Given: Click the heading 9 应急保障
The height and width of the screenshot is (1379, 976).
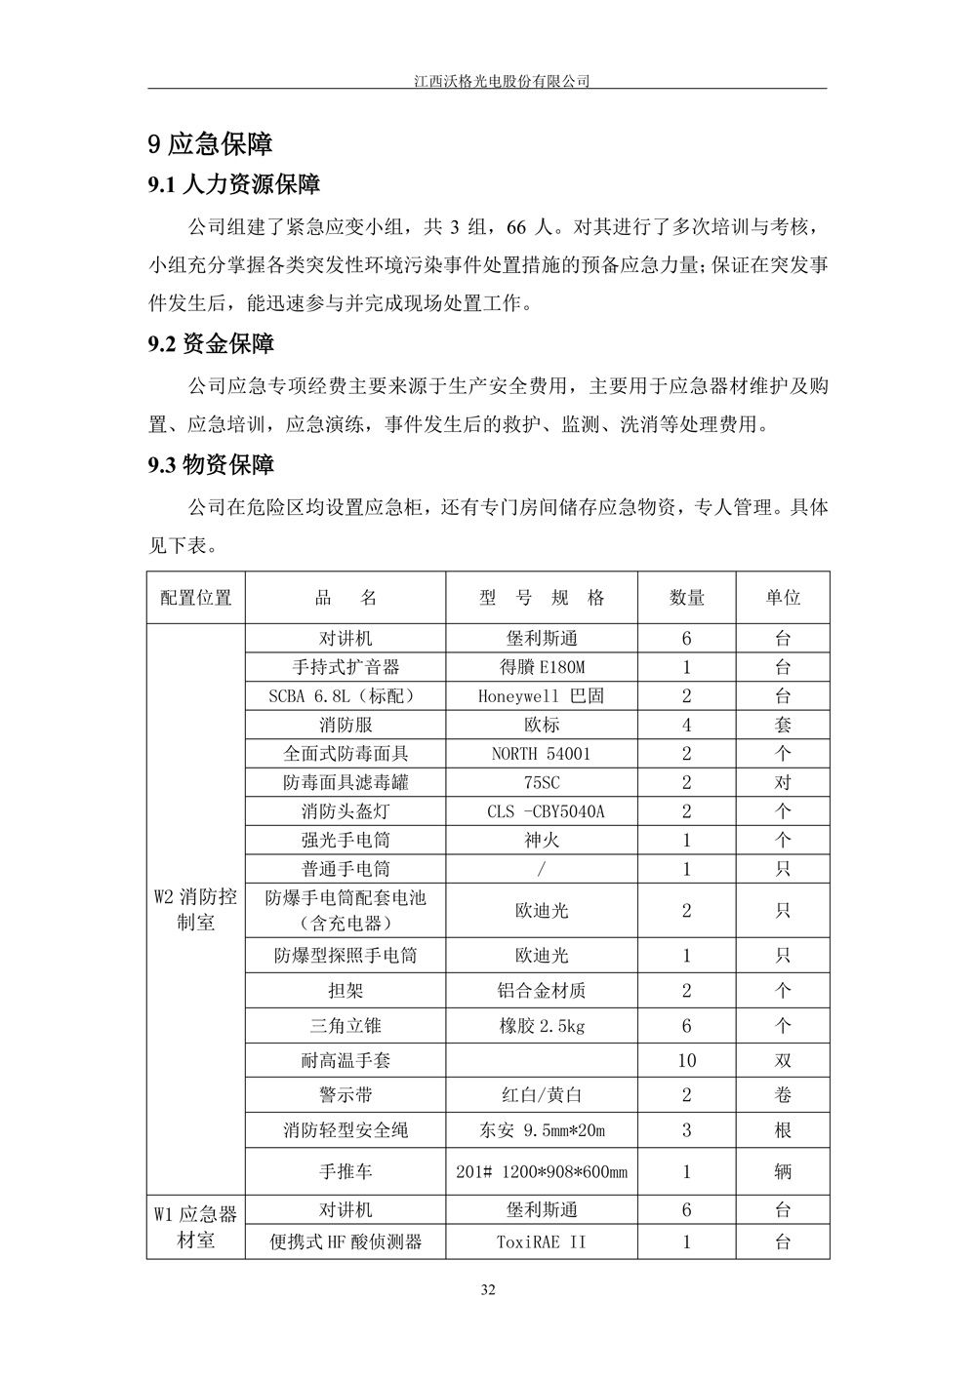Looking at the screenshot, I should click(x=210, y=144).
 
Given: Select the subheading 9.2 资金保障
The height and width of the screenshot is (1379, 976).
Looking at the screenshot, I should click(x=211, y=343).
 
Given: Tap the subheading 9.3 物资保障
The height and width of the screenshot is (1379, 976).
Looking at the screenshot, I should click(x=211, y=465).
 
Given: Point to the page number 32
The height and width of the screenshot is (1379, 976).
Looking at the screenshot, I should click(x=489, y=1290).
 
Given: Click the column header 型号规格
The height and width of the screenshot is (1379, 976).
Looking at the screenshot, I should click(x=542, y=598).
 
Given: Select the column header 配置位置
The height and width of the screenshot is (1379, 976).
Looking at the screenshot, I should click(x=196, y=598).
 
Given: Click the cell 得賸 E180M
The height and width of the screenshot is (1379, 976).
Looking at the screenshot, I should click(x=542, y=667).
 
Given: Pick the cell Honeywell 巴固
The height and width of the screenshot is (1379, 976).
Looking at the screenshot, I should click(x=542, y=696).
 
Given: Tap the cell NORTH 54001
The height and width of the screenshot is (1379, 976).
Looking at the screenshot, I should click(x=542, y=754).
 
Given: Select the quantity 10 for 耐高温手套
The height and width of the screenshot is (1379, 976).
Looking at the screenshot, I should click(x=686, y=1060).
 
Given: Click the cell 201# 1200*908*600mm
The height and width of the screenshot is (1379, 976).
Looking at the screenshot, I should click(x=542, y=1172).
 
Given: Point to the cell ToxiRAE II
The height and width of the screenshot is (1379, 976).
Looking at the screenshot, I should click(x=542, y=1242).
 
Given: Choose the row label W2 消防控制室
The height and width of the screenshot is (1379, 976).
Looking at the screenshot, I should click(x=196, y=909).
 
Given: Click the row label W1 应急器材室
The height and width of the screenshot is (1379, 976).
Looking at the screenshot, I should click(x=196, y=1227).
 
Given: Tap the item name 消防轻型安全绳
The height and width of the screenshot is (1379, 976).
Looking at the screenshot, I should click(x=346, y=1130).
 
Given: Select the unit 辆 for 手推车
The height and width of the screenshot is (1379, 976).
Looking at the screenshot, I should click(x=783, y=1172).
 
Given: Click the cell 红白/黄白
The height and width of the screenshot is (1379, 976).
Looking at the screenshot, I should click(x=542, y=1095).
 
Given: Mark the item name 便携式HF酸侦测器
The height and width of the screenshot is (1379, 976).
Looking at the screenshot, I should click(x=346, y=1242).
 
